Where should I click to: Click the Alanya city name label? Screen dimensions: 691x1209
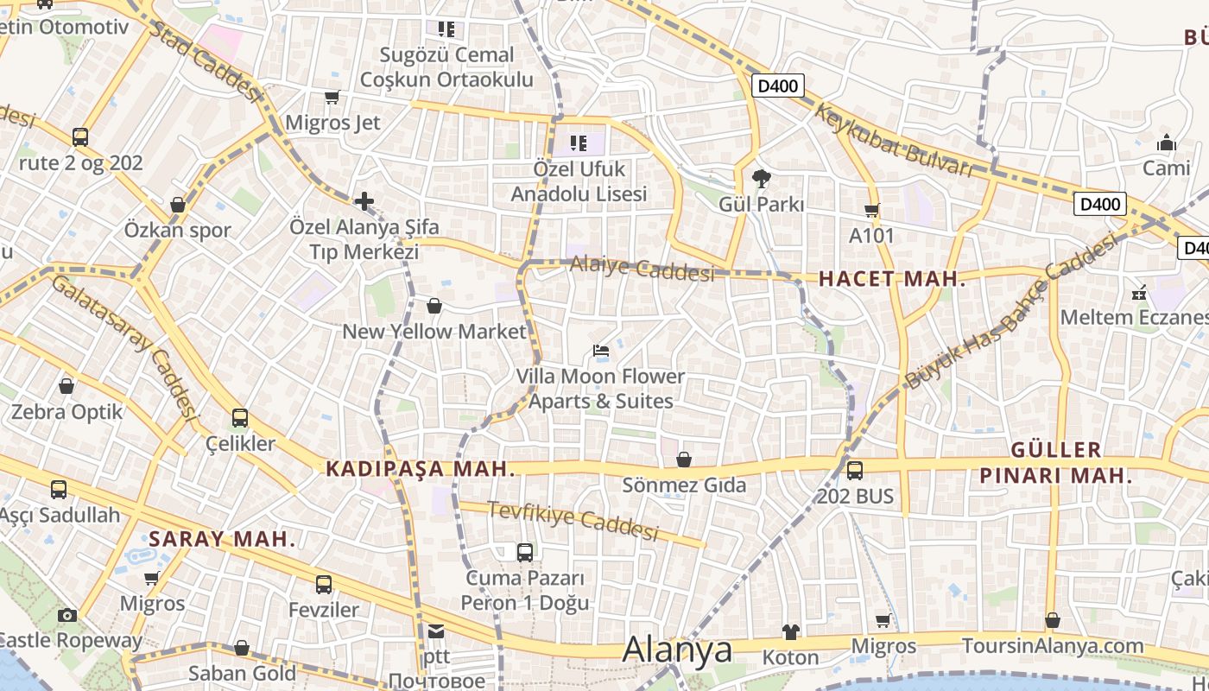[x=677, y=650]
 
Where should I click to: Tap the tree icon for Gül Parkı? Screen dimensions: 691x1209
[x=761, y=179]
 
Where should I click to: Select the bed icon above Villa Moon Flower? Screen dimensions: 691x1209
[x=601, y=351]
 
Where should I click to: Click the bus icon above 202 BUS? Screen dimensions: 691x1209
[x=854, y=471]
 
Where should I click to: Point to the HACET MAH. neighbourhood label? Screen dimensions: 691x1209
[x=891, y=279]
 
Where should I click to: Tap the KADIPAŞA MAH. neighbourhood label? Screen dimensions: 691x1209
[x=421, y=469]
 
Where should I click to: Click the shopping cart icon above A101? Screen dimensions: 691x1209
[x=871, y=210]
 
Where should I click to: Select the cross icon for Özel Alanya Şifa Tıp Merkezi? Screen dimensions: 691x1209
[x=364, y=202]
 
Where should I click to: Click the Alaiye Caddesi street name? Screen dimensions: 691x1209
[x=642, y=268]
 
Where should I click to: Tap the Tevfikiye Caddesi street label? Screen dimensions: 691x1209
[x=573, y=520]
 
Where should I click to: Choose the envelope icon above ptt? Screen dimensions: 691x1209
[x=436, y=631]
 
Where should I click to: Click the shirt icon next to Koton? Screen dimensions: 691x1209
[x=790, y=632]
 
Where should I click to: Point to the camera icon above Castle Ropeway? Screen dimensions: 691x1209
[x=66, y=615]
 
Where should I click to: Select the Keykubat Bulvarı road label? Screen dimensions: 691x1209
[x=893, y=140]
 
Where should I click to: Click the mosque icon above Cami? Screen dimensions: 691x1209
[x=1166, y=143]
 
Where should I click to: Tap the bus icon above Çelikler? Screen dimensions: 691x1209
[x=239, y=419]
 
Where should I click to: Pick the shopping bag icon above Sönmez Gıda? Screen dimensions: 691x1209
[x=683, y=460]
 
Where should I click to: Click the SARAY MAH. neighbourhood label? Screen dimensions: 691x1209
[x=222, y=540]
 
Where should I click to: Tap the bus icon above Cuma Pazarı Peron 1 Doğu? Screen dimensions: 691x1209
[x=524, y=553]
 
